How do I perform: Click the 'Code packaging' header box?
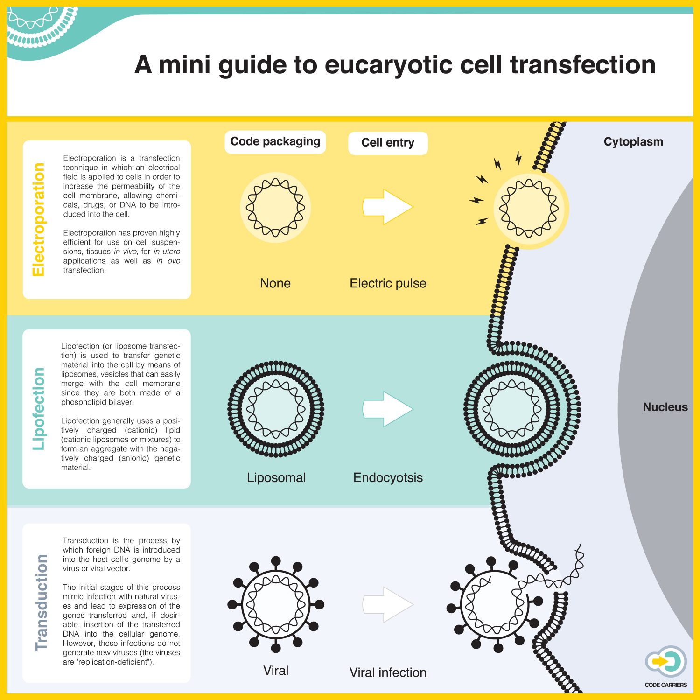point(275,142)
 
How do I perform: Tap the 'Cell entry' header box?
point(388,143)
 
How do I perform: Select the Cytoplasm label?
point(633,142)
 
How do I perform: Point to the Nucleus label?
point(665,407)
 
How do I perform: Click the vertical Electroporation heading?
point(39,219)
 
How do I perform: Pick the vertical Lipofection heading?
point(39,409)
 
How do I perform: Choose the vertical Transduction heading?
point(42,602)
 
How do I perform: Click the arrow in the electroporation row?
point(388,207)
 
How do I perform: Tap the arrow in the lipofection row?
point(388,409)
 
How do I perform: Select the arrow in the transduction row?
point(388,604)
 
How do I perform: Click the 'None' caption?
point(275,283)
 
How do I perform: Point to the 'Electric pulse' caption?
point(388,283)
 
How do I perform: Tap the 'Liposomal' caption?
point(276,478)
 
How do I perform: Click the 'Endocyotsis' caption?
point(388,478)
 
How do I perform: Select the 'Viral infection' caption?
point(388,672)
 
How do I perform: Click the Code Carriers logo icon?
point(666,662)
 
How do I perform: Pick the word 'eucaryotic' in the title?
point(388,64)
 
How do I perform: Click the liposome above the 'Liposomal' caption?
point(276,409)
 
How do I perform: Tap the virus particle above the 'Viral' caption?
point(276,604)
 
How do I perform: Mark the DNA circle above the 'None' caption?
point(275,207)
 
